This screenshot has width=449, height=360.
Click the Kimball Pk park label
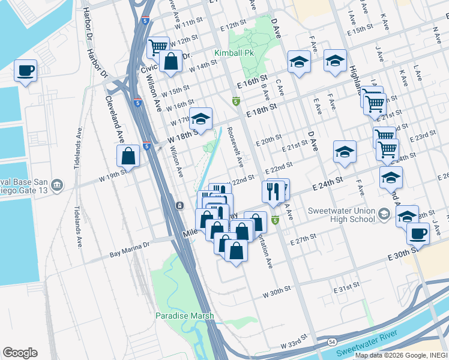[x=238, y=53]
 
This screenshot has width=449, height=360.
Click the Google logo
[x=20, y=353]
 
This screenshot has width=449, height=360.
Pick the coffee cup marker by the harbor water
[x=26, y=71]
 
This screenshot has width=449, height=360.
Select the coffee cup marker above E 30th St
[x=418, y=233]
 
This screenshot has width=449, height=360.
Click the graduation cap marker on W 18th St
[x=201, y=119]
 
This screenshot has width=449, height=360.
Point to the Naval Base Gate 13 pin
[x=57, y=184]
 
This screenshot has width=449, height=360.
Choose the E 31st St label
[x=346, y=289]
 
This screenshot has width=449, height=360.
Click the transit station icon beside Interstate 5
[x=179, y=206]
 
